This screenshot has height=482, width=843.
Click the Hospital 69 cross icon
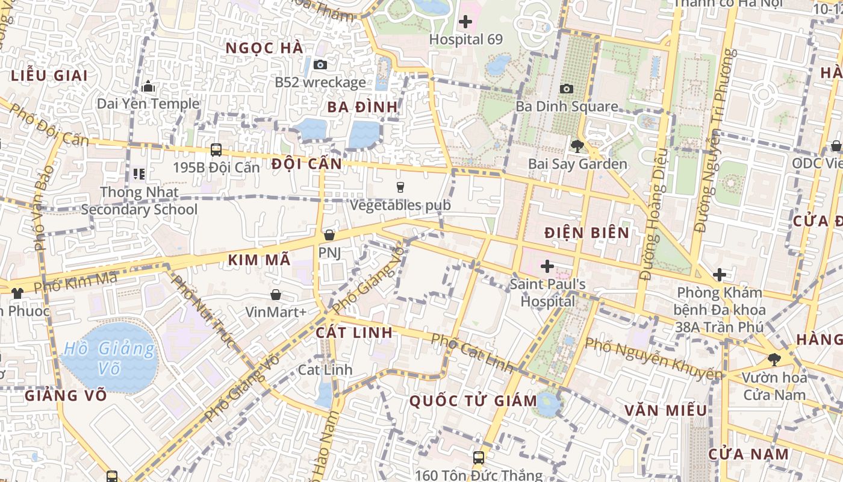[x=465, y=22]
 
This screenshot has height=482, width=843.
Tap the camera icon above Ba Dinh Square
[x=566, y=89]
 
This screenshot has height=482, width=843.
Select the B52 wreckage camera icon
[x=320, y=64]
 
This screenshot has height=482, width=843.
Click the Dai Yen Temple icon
[x=148, y=86]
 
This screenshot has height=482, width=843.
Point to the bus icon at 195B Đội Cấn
[x=216, y=150]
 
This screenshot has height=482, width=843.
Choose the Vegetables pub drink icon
[x=400, y=187]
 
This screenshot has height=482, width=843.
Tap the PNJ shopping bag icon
[x=329, y=235]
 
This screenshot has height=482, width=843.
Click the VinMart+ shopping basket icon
[x=275, y=295]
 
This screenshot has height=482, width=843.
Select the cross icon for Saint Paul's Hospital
[x=547, y=266]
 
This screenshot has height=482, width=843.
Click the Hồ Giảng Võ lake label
[x=109, y=357]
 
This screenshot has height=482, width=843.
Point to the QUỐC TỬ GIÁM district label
[x=473, y=401]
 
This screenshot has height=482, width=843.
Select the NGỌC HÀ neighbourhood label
[x=264, y=48]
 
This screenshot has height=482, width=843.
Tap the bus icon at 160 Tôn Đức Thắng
[x=478, y=458]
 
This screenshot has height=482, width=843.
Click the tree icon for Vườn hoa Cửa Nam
[x=774, y=360]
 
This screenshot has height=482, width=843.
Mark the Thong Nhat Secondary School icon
[x=139, y=174]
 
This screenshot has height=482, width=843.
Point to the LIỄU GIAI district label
[x=49, y=76]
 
